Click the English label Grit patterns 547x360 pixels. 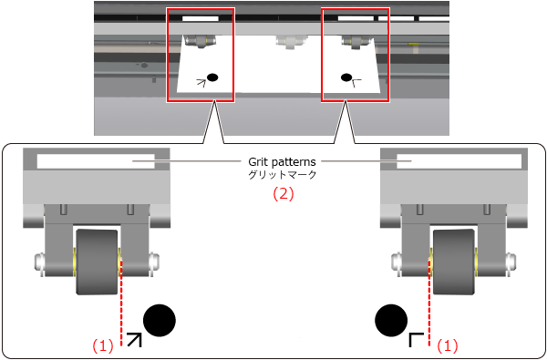click(x=282, y=162)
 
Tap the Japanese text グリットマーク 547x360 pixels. click(x=282, y=175)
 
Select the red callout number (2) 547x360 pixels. click(x=283, y=194)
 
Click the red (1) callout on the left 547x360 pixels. click(x=103, y=346)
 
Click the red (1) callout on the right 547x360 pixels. click(x=448, y=346)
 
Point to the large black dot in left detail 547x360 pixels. click(x=160, y=320)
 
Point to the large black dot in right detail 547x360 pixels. click(x=391, y=320)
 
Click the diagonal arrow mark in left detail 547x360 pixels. click(x=135, y=340)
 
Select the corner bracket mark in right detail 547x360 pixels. click(x=416, y=340)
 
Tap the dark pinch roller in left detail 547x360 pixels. click(x=97, y=262)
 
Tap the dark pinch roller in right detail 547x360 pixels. click(x=454, y=262)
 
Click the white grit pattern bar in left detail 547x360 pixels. click(x=96, y=161)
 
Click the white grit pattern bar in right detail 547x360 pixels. click(x=459, y=161)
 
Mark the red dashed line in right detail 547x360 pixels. click(x=429, y=303)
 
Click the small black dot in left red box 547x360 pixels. click(x=212, y=77)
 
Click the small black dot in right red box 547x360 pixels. click(x=346, y=77)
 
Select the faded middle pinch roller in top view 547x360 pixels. click(x=288, y=42)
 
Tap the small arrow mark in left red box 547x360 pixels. click(x=201, y=83)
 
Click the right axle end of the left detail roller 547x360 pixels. click(x=154, y=262)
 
